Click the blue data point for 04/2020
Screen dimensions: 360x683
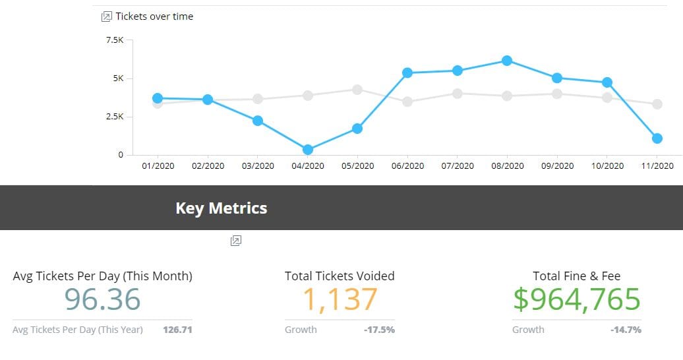click(x=308, y=150)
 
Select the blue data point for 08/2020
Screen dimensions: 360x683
click(x=507, y=61)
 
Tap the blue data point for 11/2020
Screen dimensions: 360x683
click(x=657, y=138)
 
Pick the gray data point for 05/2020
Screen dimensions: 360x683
click(x=357, y=90)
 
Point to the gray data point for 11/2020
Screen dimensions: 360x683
click(x=657, y=104)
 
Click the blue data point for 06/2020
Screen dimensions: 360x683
click(x=407, y=73)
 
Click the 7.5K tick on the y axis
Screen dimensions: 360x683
click(x=115, y=40)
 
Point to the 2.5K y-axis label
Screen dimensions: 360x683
click(x=115, y=117)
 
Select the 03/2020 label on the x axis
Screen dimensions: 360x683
click(x=258, y=165)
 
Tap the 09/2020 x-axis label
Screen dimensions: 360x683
click(x=557, y=165)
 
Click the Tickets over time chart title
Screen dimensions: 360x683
click(x=154, y=16)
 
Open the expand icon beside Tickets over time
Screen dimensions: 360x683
click(x=107, y=16)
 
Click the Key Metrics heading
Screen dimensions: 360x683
click(x=222, y=208)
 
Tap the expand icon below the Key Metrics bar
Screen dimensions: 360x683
click(x=236, y=241)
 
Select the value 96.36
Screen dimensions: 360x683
click(x=103, y=299)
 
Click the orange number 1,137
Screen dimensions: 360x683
click(x=340, y=299)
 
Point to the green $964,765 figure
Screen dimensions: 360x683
click(x=577, y=299)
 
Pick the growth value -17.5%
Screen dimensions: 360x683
click(x=379, y=330)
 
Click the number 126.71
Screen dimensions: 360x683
click(x=177, y=330)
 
